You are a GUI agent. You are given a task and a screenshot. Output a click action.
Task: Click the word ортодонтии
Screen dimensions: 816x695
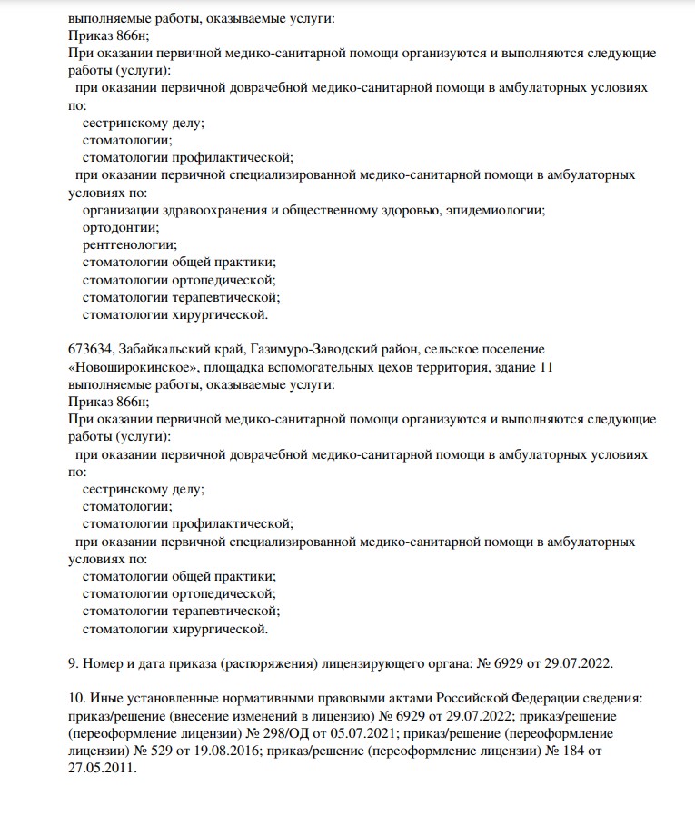click(x=114, y=227)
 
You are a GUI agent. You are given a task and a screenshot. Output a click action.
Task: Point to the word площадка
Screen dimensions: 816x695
click(x=235, y=367)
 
